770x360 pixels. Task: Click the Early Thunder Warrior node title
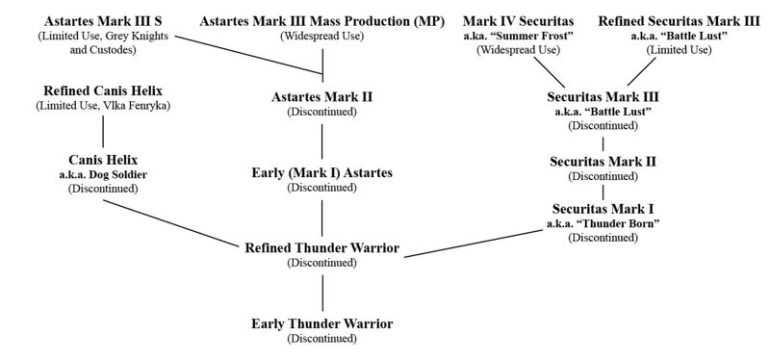point(321,323)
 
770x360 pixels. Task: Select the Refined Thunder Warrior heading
point(321,248)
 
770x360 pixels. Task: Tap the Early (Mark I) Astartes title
point(321,172)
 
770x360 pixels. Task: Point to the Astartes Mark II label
point(321,96)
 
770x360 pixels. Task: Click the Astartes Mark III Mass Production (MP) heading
point(321,19)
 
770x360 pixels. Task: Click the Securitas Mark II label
point(603,161)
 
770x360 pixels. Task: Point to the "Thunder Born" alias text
point(603,223)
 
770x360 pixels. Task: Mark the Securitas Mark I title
point(603,208)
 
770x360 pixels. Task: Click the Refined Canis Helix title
point(102,90)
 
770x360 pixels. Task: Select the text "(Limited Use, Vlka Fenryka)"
point(102,105)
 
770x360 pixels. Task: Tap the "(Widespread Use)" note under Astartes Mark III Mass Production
point(321,36)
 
